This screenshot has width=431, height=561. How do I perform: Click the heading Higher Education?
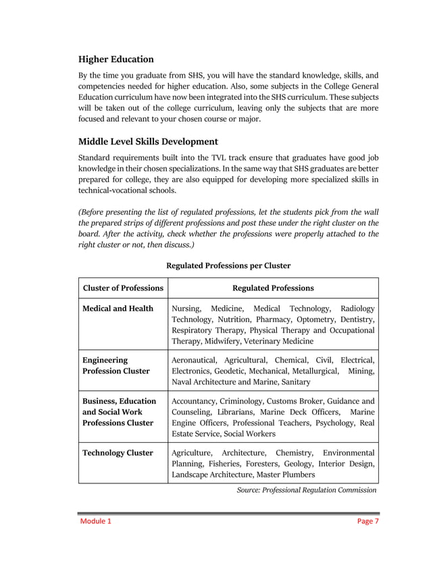[x=116, y=59]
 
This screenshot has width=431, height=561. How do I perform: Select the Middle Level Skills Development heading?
[x=148, y=142]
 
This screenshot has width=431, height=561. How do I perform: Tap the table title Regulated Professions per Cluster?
[x=228, y=265]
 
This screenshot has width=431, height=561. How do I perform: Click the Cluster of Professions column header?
[x=123, y=288]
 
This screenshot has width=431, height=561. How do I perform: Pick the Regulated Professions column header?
[x=273, y=288]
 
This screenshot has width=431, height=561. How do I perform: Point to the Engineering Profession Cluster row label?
[x=116, y=366]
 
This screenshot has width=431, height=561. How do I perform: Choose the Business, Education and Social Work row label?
[x=118, y=412]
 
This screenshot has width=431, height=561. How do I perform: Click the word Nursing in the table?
[x=187, y=309]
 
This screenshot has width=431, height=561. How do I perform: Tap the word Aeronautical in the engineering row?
[x=196, y=360]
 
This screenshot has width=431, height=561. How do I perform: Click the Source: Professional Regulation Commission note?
[x=306, y=490]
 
